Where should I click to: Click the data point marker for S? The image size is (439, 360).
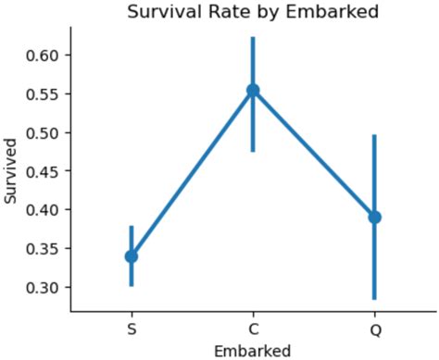click(x=132, y=255)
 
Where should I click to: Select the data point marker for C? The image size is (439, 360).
click(x=253, y=91)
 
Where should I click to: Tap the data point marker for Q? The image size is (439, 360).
click(x=374, y=217)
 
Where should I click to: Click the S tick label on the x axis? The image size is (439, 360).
click(x=132, y=329)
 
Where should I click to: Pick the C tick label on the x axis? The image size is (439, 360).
click(x=253, y=329)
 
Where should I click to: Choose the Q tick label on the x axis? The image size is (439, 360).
click(x=374, y=329)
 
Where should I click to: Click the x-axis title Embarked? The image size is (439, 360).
click(x=252, y=350)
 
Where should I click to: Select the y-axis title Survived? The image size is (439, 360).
click(x=11, y=171)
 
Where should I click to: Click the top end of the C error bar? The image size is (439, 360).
click(x=253, y=38)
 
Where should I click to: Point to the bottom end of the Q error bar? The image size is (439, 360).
click(x=374, y=299)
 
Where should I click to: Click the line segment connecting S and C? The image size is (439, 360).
click(x=192, y=173)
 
